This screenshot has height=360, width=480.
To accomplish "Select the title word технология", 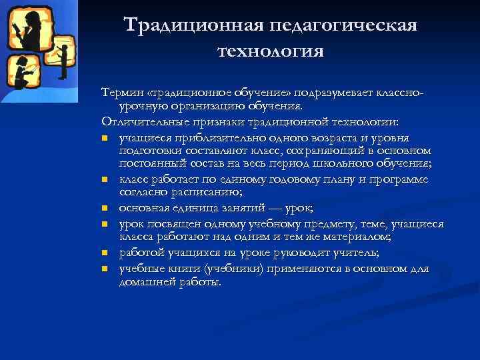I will [x=270, y=51].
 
